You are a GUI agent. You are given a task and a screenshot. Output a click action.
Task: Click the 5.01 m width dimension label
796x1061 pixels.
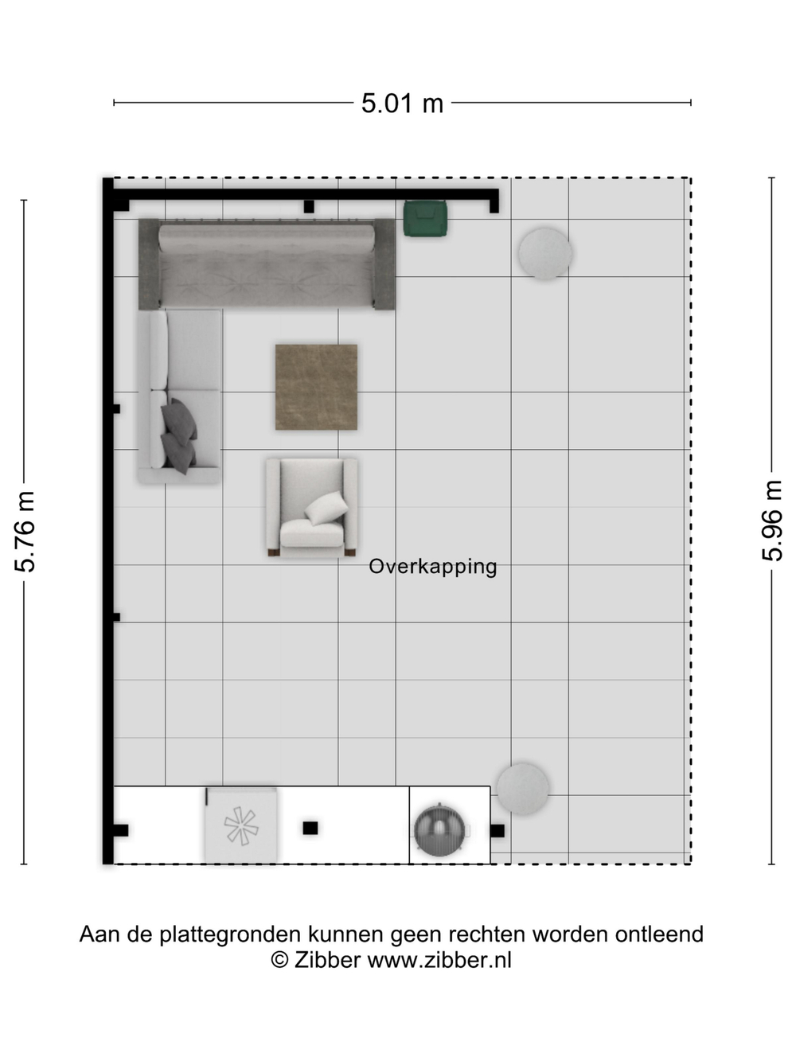tap(402, 103)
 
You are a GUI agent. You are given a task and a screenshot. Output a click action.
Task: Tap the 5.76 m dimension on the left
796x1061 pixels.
tap(25, 532)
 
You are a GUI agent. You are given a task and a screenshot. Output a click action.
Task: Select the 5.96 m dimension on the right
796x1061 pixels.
tap(771, 521)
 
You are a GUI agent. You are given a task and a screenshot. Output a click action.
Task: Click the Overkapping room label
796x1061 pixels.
tap(432, 567)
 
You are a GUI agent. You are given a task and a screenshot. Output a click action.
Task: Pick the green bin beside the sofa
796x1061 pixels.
tap(426, 218)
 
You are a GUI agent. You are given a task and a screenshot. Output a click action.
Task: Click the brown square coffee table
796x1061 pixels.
tap(316, 387)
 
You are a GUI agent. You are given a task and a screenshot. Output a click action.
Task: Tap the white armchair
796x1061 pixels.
tap(312, 507)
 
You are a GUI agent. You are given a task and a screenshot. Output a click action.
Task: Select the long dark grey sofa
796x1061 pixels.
tap(267, 264)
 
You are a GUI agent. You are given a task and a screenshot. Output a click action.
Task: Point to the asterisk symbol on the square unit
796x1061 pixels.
tap(240, 825)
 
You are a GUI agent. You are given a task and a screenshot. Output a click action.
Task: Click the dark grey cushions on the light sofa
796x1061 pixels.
tap(178, 435)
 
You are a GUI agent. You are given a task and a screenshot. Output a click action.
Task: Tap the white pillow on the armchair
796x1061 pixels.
tap(326, 508)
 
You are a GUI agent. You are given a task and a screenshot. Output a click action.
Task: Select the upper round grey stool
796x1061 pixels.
tap(545, 254)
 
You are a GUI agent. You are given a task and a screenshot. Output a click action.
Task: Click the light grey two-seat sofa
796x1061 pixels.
tap(180, 396)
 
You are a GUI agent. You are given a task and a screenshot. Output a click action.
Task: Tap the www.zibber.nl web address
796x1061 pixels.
tap(439, 960)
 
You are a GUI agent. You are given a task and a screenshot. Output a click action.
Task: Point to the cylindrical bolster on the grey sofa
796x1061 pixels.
tap(267, 238)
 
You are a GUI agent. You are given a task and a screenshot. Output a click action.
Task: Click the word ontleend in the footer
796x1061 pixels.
tap(659, 934)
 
